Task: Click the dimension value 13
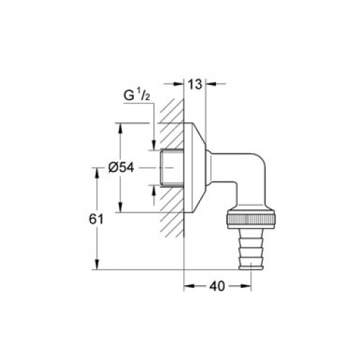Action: tap(195, 84)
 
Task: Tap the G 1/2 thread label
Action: tap(137, 96)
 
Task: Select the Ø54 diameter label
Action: tap(121, 168)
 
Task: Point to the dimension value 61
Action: tap(96, 219)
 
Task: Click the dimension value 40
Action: tap(217, 286)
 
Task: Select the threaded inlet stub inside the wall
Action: tap(173, 168)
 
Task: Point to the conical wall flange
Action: tap(195, 168)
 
